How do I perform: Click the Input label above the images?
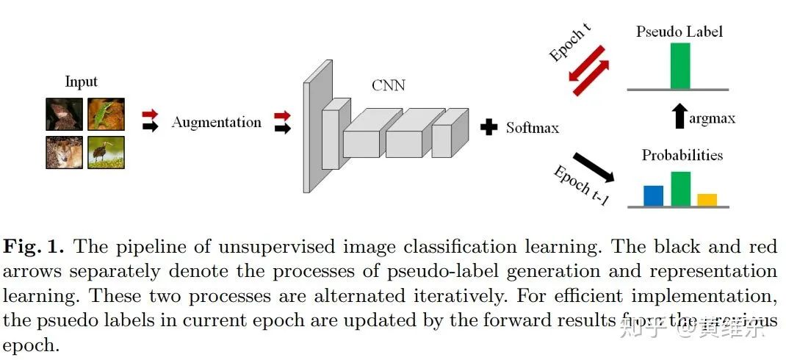(x=81, y=82)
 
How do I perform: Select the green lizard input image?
(x=106, y=115)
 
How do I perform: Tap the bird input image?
(x=106, y=152)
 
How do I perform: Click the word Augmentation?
(x=216, y=123)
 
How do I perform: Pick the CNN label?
(x=388, y=86)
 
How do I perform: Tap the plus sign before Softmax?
(x=488, y=127)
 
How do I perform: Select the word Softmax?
(x=532, y=128)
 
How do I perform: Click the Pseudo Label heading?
(x=680, y=32)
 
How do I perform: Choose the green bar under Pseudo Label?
(x=680, y=66)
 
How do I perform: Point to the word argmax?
(x=712, y=118)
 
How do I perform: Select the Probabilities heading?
(x=682, y=156)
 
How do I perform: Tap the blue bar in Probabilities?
(x=653, y=195)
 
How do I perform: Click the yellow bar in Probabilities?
(x=707, y=200)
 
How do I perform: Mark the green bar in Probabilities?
(x=680, y=189)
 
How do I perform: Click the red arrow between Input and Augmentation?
(x=150, y=115)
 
